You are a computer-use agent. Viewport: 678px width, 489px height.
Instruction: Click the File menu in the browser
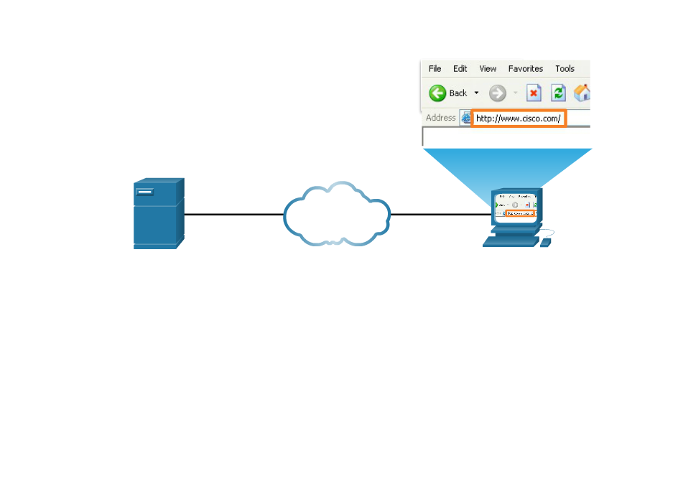435,69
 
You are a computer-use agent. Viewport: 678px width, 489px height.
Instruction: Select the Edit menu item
460,69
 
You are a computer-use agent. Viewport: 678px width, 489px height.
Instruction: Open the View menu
488,69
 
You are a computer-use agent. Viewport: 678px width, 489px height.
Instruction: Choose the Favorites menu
525,69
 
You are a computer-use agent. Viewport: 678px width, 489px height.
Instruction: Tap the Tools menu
565,69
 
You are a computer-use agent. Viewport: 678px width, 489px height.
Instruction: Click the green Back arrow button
437,93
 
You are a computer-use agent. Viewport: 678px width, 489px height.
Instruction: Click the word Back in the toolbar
458,93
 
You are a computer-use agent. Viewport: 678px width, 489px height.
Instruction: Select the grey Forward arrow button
497,93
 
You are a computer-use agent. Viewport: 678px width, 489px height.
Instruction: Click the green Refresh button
558,93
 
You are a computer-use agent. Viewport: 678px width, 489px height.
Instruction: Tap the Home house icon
582,93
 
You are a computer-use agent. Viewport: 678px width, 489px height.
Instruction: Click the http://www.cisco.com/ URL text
518,118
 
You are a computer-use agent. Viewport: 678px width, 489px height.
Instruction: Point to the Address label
440,118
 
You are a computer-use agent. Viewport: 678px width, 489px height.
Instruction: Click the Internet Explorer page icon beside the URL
465,118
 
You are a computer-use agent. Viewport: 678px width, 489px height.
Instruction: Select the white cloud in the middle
336,214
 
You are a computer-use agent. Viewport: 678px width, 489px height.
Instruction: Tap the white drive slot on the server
145,192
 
